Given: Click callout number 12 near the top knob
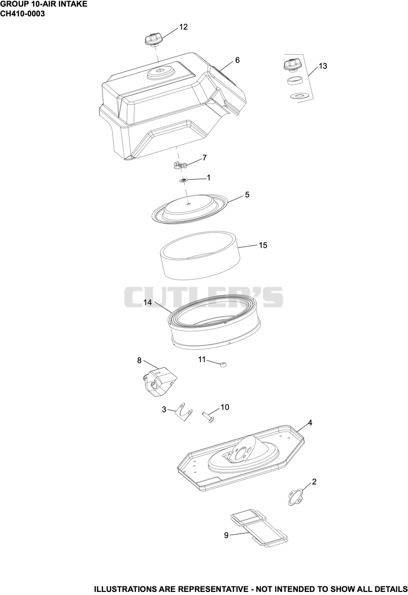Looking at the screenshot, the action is click(x=184, y=27).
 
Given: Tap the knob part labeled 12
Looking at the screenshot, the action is click(x=153, y=39).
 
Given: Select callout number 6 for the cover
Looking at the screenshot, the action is click(x=238, y=60).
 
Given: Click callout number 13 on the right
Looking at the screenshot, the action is click(x=323, y=66).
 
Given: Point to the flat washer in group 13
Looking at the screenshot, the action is click(x=297, y=95).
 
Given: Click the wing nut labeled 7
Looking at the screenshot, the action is click(x=181, y=164).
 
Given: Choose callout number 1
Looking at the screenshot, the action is click(x=209, y=178).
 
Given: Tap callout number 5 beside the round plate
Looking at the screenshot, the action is click(x=247, y=195).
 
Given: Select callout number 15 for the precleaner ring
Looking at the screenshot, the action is click(x=263, y=245).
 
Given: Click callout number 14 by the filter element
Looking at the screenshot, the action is click(x=148, y=302).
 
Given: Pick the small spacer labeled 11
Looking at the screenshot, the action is click(x=223, y=365).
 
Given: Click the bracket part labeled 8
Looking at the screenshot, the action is click(x=159, y=382).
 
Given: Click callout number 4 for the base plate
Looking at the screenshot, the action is click(x=310, y=423).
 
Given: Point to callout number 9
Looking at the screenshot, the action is click(x=226, y=535).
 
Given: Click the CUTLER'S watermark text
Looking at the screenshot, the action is click(x=203, y=297).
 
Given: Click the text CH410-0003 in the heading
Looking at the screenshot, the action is click(x=23, y=13).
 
